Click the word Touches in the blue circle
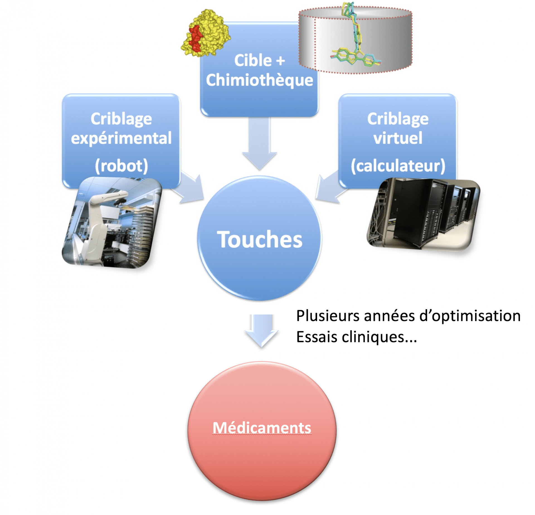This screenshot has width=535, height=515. pos(259,239)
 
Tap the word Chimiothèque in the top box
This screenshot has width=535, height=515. pos(259,80)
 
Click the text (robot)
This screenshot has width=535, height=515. pos(121,166)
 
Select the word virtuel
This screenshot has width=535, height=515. pos(398,138)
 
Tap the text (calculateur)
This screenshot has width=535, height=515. pos(398,166)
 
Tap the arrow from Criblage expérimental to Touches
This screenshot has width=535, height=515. pos(191,190)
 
